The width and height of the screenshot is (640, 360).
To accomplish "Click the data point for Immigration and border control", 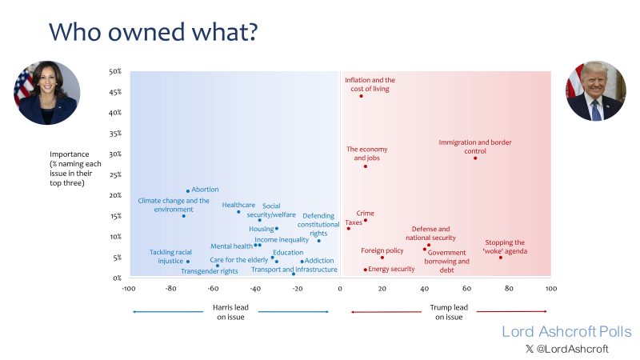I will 475,158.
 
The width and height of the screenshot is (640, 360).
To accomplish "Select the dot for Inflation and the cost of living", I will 361,96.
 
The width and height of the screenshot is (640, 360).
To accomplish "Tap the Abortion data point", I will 188,190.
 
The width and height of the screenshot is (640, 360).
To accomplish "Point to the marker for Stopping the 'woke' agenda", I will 501,257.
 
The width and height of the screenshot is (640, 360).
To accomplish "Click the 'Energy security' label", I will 391,269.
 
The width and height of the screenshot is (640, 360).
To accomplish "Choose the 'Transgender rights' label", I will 210,271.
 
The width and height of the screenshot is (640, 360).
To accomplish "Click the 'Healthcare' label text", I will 238,205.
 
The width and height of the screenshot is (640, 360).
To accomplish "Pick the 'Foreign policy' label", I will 382,250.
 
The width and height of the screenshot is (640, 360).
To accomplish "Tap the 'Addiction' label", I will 319,261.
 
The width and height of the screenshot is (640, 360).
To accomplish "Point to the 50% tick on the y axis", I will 114,71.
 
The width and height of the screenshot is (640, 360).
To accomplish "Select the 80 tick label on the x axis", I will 509,288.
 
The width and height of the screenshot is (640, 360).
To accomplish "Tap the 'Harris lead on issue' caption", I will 232,312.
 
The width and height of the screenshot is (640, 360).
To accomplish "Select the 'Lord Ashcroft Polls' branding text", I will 566,331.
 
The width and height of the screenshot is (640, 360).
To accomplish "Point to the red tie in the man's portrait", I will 596,109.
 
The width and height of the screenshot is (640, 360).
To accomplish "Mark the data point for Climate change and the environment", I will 183,216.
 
